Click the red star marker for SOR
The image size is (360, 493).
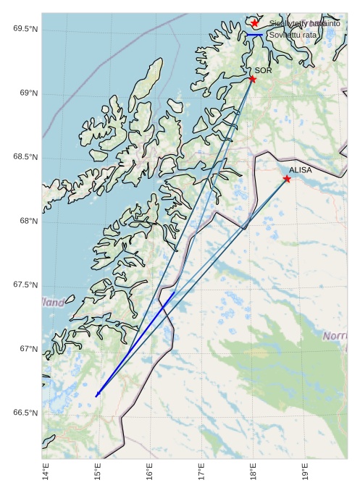tap(252, 79)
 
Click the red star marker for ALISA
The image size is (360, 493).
tap(287, 178)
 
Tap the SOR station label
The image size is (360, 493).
tap(263, 71)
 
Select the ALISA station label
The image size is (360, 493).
tap(300, 170)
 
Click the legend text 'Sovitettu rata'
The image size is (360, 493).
tap(292, 35)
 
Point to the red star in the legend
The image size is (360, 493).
tap(254, 23)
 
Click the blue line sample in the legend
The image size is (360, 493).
tap(254, 35)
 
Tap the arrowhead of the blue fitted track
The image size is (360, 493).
tap(97, 395)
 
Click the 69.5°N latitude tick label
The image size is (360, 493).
tap(25, 29)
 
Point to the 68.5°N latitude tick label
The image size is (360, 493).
tap(25, 157)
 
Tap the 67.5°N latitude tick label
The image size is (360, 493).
tap(25, 285)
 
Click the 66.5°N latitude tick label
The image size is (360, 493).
tap(25, 413)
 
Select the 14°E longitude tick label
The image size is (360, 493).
tap(46, 474)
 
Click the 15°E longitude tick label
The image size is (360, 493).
tap(98, 474)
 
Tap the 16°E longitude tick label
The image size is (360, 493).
tap(149, 474)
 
